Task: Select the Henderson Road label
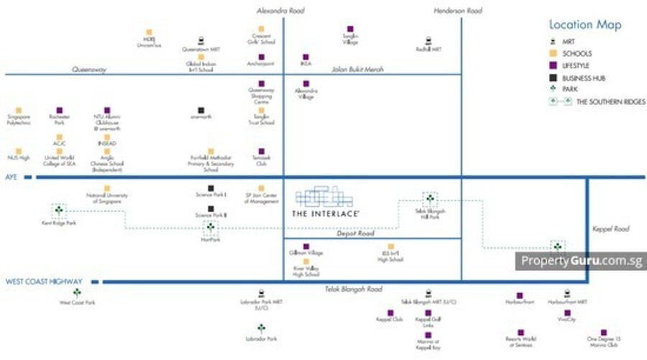459,10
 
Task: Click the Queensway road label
90,70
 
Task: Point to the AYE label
11,176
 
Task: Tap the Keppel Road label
611,229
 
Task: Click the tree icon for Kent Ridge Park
58,211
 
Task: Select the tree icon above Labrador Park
261,328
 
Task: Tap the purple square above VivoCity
567,313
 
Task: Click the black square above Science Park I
211,188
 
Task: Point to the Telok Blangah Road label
350,289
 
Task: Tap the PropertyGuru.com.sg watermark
581,260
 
